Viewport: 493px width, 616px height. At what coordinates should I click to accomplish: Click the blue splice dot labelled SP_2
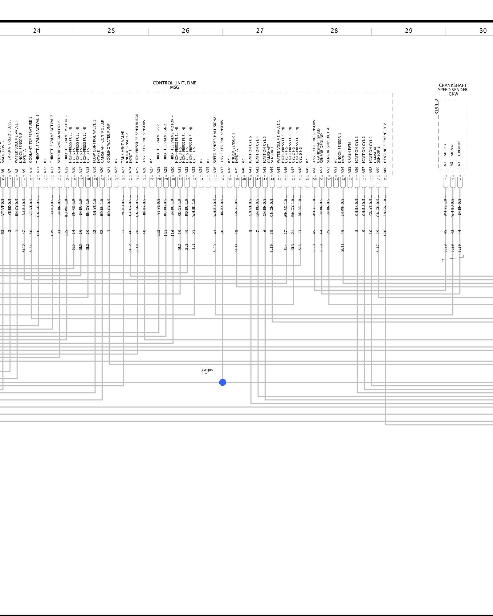point(222,382)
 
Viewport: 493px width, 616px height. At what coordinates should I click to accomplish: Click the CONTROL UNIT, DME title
point(174,83)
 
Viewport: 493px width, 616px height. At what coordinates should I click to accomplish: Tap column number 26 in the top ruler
point(185,31)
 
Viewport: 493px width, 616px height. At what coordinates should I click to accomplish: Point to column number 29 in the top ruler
point(409,31)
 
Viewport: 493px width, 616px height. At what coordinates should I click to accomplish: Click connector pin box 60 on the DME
point(385,179)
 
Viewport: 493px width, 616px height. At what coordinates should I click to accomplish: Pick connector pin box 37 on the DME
point(222,179)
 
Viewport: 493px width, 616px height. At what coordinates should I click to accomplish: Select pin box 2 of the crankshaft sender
point(453,179)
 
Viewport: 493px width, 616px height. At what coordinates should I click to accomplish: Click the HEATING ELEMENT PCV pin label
point(385,143)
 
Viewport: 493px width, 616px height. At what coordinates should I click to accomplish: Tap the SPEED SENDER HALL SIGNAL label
point(215,139)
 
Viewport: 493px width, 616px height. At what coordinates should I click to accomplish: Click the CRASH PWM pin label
point(349,152)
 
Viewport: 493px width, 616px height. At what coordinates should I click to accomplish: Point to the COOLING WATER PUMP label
point(109,143)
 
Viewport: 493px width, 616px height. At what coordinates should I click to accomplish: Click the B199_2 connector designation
point(436,107)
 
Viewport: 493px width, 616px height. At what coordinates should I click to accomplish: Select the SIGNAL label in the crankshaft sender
point(452,150)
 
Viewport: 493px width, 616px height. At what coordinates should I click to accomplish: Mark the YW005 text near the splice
point(207,370)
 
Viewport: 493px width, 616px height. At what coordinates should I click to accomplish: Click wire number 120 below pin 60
point(385,233)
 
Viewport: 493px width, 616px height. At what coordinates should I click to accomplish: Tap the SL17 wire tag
point(378,248)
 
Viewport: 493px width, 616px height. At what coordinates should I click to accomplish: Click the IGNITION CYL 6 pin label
point(250,149)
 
